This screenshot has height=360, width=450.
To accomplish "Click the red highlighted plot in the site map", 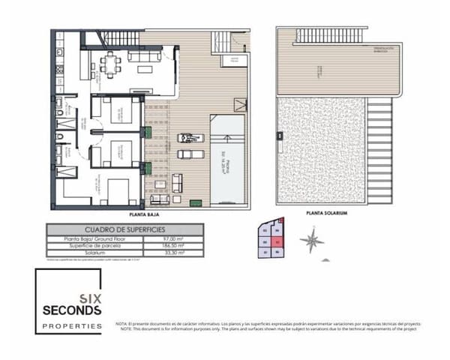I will point(277,241).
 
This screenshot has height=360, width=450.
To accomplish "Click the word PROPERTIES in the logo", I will point(72,326).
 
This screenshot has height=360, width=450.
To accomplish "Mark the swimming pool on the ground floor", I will point(229,157).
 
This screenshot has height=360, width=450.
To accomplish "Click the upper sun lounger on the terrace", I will point(187,137).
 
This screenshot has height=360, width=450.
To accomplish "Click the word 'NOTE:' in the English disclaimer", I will point(124,328).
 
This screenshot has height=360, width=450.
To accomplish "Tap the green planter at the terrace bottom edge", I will point(194,200).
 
